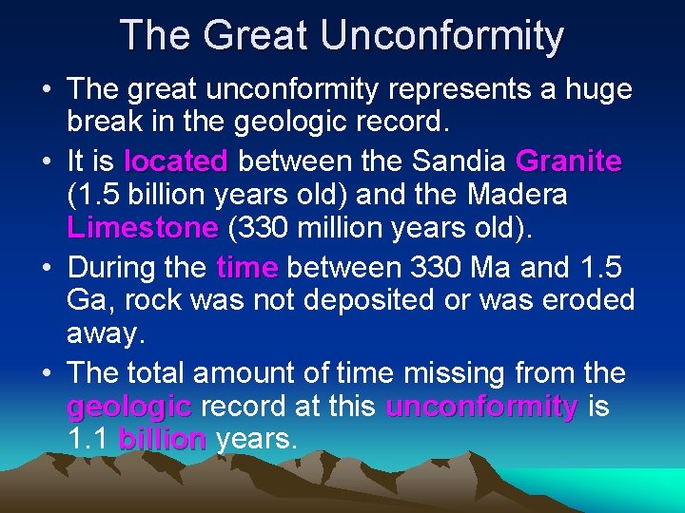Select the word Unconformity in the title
442,35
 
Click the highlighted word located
176,161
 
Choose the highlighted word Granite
569,161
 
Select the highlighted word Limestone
143,229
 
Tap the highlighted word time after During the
247,267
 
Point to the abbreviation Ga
88,301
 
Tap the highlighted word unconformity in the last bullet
481,407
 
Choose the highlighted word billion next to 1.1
162,440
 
